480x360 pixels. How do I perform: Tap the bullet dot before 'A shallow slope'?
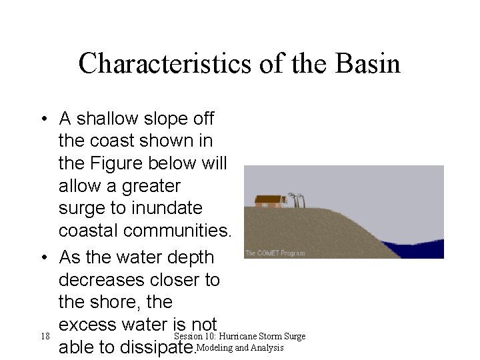[43, 120]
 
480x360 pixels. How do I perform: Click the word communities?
[144, 231]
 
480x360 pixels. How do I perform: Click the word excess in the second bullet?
[90, 325]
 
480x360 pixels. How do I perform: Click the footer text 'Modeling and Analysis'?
[240, 347]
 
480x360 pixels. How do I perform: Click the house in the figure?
[269, 201]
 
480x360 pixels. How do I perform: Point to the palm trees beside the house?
[297, 199]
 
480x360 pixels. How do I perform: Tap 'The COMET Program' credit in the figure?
[275, 253]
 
